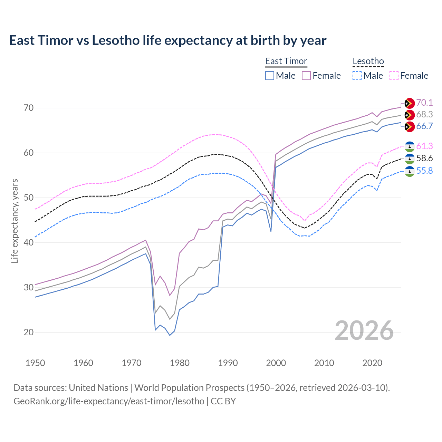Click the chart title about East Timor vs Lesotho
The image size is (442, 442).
(167, 40)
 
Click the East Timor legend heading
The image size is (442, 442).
(286, 61)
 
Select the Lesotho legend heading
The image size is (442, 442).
(368, 61)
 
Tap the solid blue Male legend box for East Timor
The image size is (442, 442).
(270, 76)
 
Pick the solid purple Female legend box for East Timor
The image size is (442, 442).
(306, 76)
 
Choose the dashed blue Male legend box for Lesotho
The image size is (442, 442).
(357, 76)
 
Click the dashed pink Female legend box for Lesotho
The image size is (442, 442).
(394, 76)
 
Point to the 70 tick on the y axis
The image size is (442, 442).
(29, 108)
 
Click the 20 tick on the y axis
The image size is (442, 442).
(29, 332)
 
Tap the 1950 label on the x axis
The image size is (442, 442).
(35, 363)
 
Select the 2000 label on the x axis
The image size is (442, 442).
(276, 363)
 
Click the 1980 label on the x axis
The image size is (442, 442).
(180, 363)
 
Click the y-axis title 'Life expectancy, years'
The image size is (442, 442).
(15, 221)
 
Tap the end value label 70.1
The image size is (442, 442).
(424, 103)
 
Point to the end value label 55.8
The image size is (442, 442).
(424, 171)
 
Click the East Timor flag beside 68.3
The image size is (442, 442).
(409, 115)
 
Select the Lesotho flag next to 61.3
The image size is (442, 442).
(409, 146)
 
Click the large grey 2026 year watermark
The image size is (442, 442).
(364, 330)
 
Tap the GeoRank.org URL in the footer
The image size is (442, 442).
(109, 401)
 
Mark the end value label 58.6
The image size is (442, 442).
(424, 158)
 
